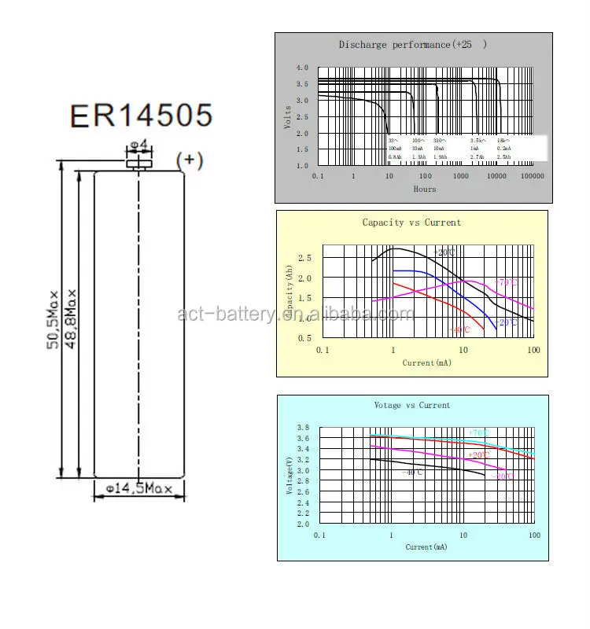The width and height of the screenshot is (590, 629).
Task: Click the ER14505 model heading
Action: point(141,115)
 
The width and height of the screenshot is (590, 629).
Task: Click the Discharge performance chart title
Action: point(412,45)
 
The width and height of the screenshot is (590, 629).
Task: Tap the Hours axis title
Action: point(425,189)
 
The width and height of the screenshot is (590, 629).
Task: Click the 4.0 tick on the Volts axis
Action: point(302,68)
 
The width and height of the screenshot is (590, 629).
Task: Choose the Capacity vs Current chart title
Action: point(411,223)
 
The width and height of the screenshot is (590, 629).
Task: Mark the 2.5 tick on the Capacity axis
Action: point(305,258)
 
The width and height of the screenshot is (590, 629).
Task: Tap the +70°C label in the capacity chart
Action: point(505,282)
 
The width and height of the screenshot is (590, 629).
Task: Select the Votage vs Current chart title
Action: point(412,405)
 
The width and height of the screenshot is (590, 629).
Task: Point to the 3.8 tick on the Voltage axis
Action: point(303,428)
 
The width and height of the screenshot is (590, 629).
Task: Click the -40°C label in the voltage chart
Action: point(413,472)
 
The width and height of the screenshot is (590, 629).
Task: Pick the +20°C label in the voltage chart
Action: point(479,455)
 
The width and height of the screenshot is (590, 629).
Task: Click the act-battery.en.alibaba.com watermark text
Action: point(295,314)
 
